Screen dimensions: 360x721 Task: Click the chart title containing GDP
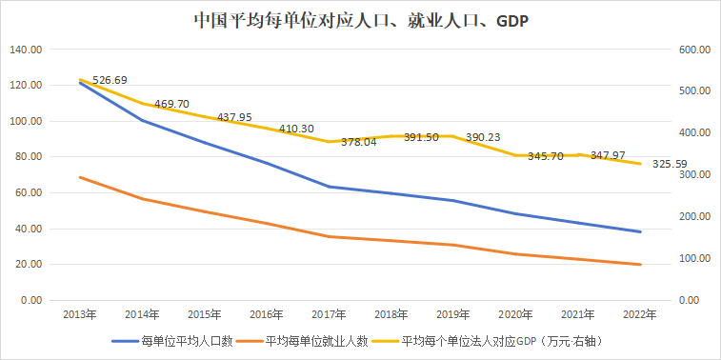[x=360, y=20]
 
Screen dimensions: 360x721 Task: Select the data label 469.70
[x=174, y=104]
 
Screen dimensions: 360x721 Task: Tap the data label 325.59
[x=671, y=164]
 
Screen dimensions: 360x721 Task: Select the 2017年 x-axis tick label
[x=330, y=313]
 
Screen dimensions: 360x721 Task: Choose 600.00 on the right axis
[x=693, y=50]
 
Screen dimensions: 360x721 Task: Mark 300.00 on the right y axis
[x=693, y=175]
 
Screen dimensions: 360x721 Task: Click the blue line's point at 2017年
[x=330, y=187]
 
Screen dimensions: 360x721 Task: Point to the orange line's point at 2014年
[x=142, y=199]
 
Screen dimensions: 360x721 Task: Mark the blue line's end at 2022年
[x=641, y=231]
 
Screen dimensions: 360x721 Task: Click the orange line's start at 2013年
[x=79, y=177]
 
